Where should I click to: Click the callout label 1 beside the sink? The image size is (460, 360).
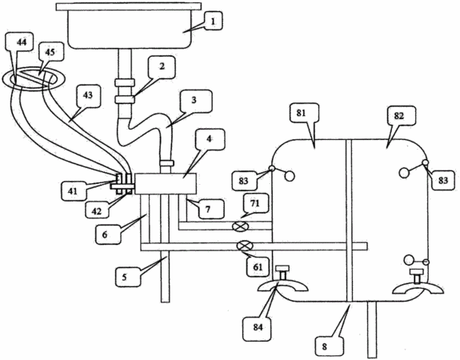click(213, 21)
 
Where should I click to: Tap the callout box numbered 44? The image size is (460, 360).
click(21, 42)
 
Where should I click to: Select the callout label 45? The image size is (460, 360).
click(50, 51)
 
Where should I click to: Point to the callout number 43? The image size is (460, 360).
click(88, 95)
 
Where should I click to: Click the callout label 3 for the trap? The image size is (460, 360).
click(194, 101)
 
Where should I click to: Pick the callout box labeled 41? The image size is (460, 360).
click(73, 191)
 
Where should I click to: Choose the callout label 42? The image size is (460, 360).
click(97, 210)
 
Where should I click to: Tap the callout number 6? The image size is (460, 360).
click(105, 234)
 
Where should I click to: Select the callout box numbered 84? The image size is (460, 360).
click(258, 327)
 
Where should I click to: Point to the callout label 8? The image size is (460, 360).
click(324, 346)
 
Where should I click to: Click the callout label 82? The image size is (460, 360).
click(399, 116)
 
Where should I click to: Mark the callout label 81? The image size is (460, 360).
click(302, 113)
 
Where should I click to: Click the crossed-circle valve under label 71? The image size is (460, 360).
click(240, 226)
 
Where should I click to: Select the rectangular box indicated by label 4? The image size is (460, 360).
click(166, 184)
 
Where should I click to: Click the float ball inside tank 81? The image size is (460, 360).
click(290, 176)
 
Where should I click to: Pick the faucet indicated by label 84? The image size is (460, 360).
click(283, 282)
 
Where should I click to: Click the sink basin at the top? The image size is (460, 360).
click(129, 26)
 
